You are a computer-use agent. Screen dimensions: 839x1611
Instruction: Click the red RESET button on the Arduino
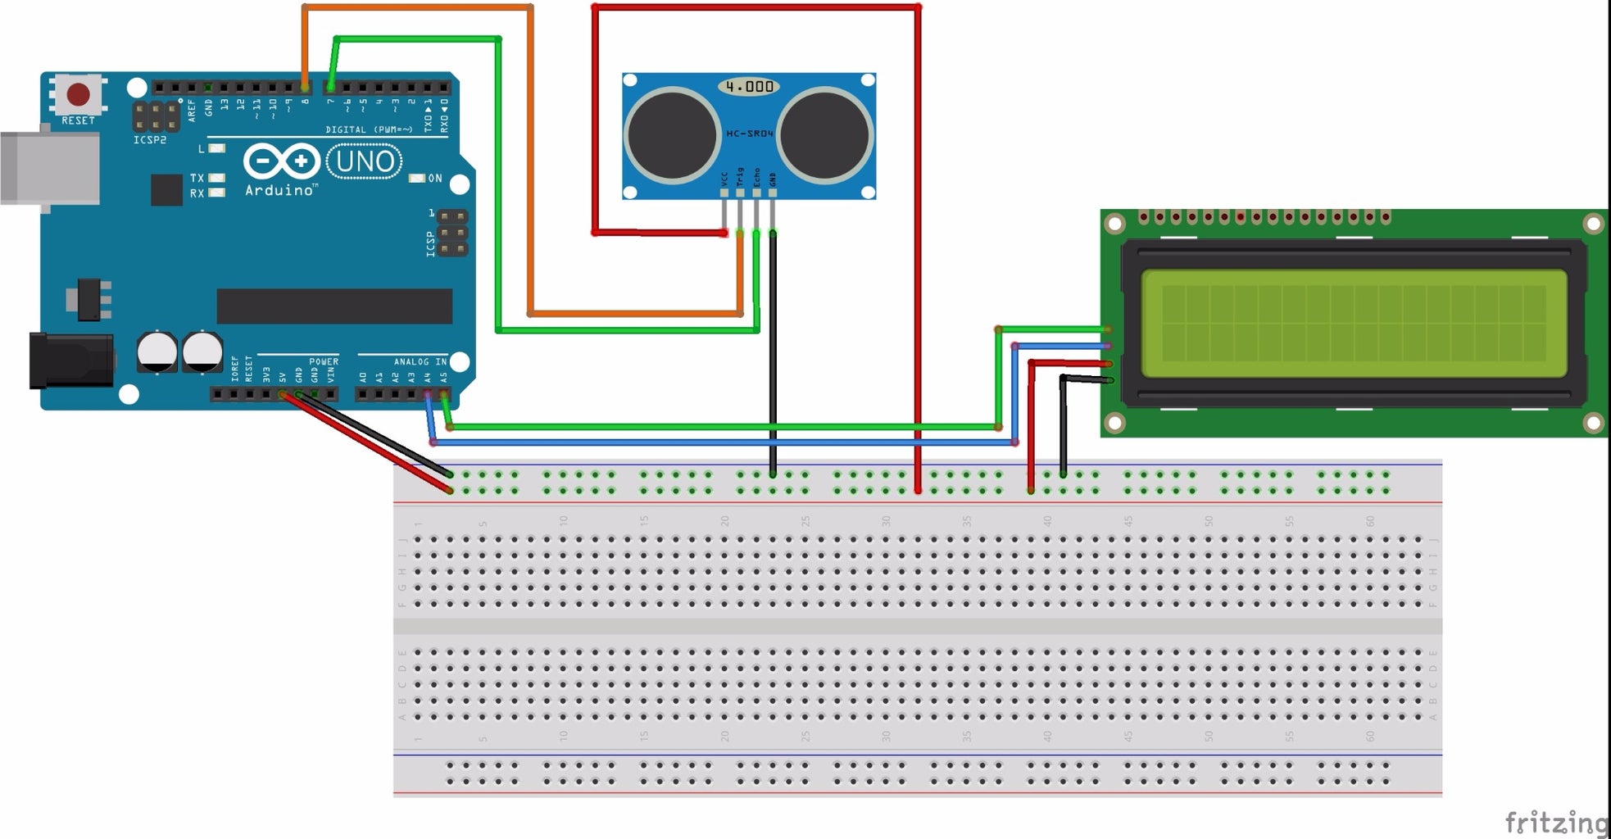[x=78, y=94]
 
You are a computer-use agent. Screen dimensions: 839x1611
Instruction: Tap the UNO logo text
[x=365, y=161]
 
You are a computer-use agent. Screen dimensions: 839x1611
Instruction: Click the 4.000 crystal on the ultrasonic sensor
[x=749, y=86]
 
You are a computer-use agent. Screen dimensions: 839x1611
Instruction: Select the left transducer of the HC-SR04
[x=672, y=134]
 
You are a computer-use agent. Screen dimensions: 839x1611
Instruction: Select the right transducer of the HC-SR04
[x=824, y=134]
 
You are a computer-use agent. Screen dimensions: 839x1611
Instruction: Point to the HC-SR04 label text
[x=749, y=134]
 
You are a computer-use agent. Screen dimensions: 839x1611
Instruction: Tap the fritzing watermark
[x=1556, y=822]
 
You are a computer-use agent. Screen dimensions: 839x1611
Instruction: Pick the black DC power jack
[x=70, y=361]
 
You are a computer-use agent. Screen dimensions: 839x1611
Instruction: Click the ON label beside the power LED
[x=434, y=178]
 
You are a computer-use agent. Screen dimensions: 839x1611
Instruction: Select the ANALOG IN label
[x=420, y=361]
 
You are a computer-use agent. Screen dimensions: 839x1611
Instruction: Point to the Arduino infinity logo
[x=280, y=161]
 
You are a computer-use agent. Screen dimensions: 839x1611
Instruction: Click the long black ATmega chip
[x=334, y=306]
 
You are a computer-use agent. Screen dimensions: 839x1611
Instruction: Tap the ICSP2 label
[x=150, y=140]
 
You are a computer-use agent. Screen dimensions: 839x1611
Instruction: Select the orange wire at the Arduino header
[x=305, y=49]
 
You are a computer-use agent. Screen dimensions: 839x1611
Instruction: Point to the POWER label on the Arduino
[x=324, y=361]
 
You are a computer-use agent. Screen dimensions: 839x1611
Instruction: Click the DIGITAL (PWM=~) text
[x=369, y=129]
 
